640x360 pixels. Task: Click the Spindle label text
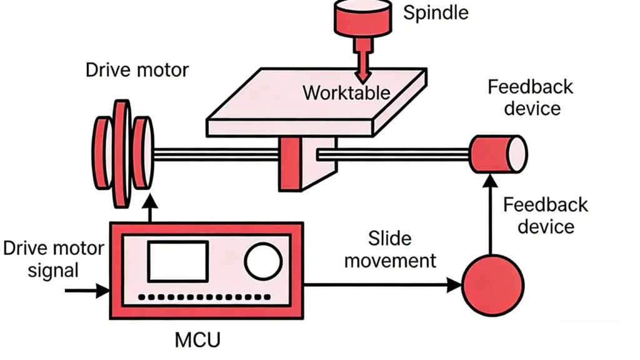(x=435, y=12)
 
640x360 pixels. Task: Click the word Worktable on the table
(x=346, y=93)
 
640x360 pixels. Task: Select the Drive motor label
(x=137, y=69)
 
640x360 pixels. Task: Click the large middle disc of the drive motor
(x=122, y=153)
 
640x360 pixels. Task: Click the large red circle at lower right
(x=492, y=286)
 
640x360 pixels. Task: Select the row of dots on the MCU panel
(x=206, y=297)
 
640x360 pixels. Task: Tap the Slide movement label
(x=390, y=249)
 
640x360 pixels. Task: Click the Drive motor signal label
(x=53, y=259)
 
